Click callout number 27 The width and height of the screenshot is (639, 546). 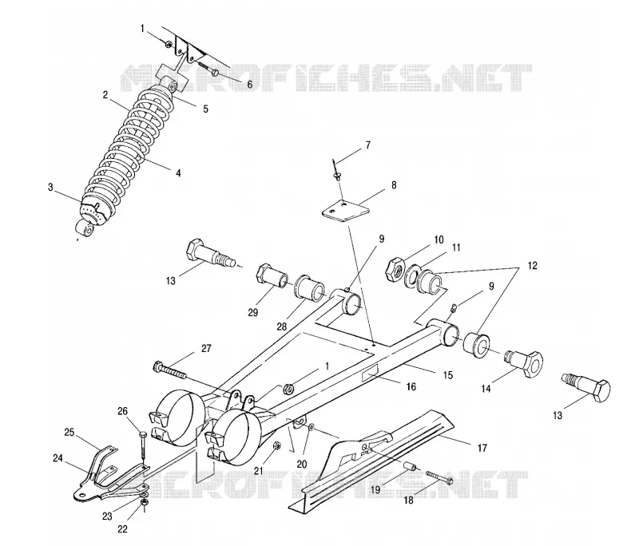[206, 349]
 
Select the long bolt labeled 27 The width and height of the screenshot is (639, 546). [170, 370]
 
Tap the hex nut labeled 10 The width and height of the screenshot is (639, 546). [395, 269]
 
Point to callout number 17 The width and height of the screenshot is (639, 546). [482, 448]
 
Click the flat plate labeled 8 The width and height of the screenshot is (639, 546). [346, 210]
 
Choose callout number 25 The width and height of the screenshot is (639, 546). [69, 432]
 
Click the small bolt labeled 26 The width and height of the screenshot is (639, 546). [143, 446]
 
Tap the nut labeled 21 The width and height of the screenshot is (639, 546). [276, 445]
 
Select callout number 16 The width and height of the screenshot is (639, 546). [411, 386]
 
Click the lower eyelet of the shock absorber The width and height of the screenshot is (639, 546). [85, 228]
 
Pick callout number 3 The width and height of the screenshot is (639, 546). [50, 188]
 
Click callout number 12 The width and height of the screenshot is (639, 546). [532, 266]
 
